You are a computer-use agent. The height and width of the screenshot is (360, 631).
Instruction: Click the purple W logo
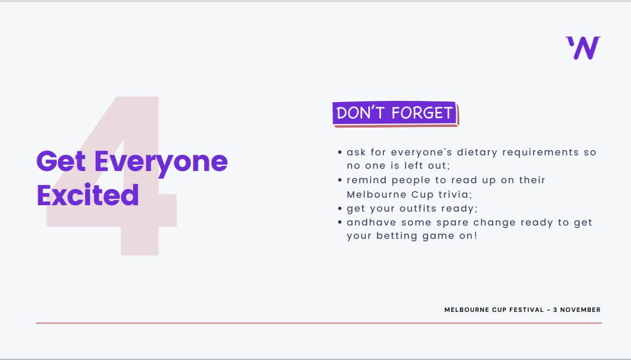(x=583, y=48)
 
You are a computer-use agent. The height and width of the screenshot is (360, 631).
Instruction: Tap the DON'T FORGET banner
(x=396, y=114)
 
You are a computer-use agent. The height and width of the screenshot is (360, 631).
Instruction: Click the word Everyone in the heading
(x=161, y=162)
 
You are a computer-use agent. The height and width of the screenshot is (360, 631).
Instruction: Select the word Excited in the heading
(x=88, y=195)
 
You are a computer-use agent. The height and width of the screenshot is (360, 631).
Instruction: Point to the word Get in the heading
(x=61, y=161)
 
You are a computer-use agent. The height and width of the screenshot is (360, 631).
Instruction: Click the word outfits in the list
(x=418, y=208)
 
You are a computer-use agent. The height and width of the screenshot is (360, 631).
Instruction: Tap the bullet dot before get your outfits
(x=340, y=208)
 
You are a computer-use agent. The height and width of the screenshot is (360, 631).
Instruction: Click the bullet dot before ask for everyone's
(x=340, y=152)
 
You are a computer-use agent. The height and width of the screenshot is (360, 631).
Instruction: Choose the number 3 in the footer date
(x=556, y=310)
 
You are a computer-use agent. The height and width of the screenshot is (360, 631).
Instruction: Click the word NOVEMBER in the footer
(x=581, y=310)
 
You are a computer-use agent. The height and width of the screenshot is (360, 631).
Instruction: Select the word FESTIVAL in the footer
(x=527, y=310)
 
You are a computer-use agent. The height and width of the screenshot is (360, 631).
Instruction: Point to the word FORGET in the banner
(x=423, y=114)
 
